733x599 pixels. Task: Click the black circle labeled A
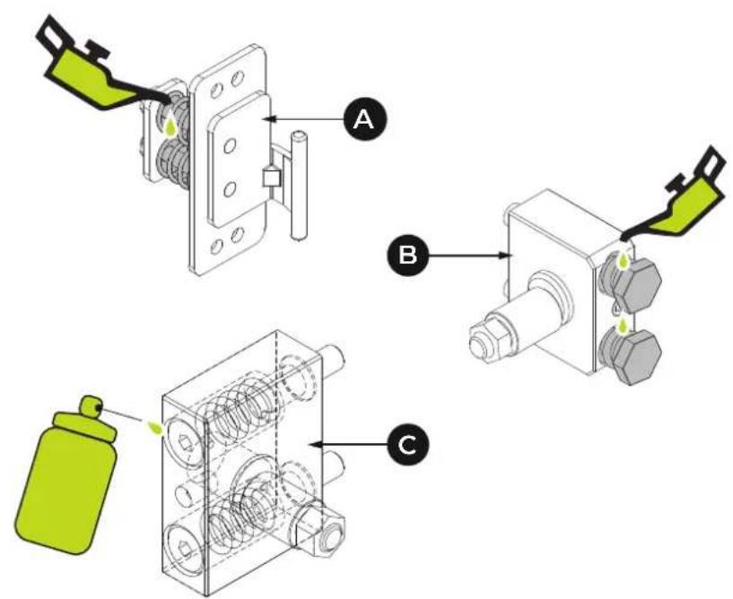coord(365,120)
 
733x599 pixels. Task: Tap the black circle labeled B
coord(407,256)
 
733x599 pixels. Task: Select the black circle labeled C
coord(406,445)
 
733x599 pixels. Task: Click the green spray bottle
coord(65,474)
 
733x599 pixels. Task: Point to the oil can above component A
coord(98,70)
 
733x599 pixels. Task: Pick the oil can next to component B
coord(678,196)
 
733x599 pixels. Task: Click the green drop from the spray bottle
coord(154,427)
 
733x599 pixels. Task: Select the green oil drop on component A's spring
coord(171,126)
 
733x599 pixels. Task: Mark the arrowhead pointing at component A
coord(269,119)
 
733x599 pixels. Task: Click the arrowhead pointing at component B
coord(508,255)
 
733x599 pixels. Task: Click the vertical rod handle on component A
coord(298,186)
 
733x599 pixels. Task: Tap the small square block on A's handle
coord(272,178)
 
